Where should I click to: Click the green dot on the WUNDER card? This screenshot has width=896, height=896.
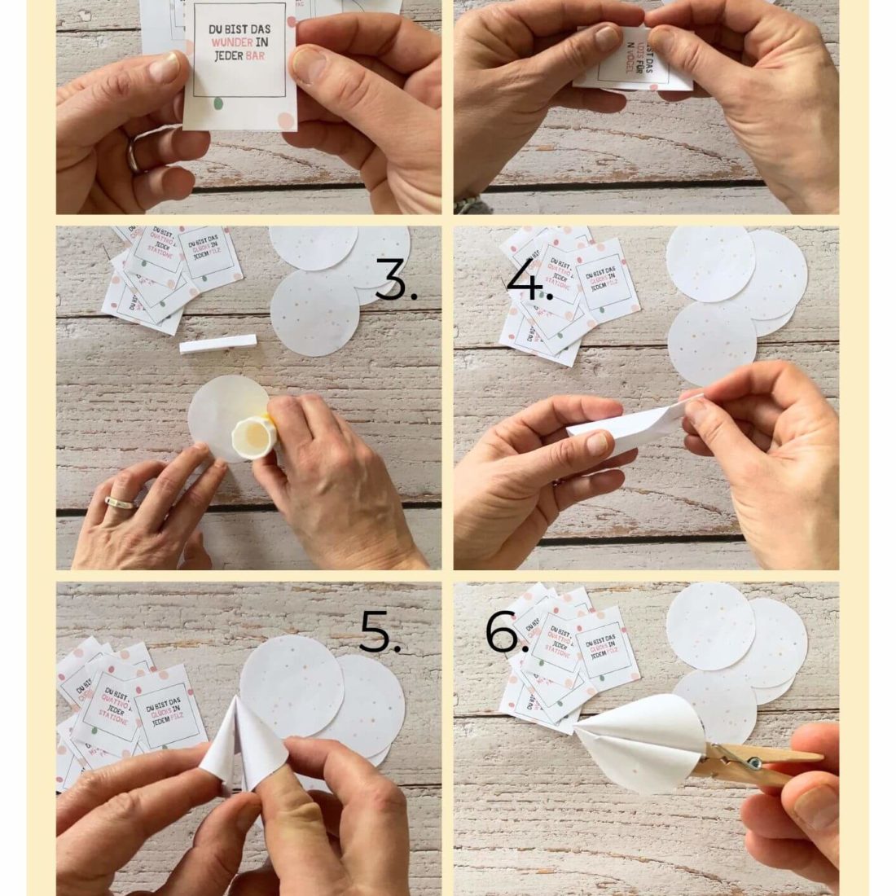(217, 103)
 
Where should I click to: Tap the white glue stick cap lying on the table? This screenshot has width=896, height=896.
(217, 345)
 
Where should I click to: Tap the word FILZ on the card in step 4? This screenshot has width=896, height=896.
(625, 285)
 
